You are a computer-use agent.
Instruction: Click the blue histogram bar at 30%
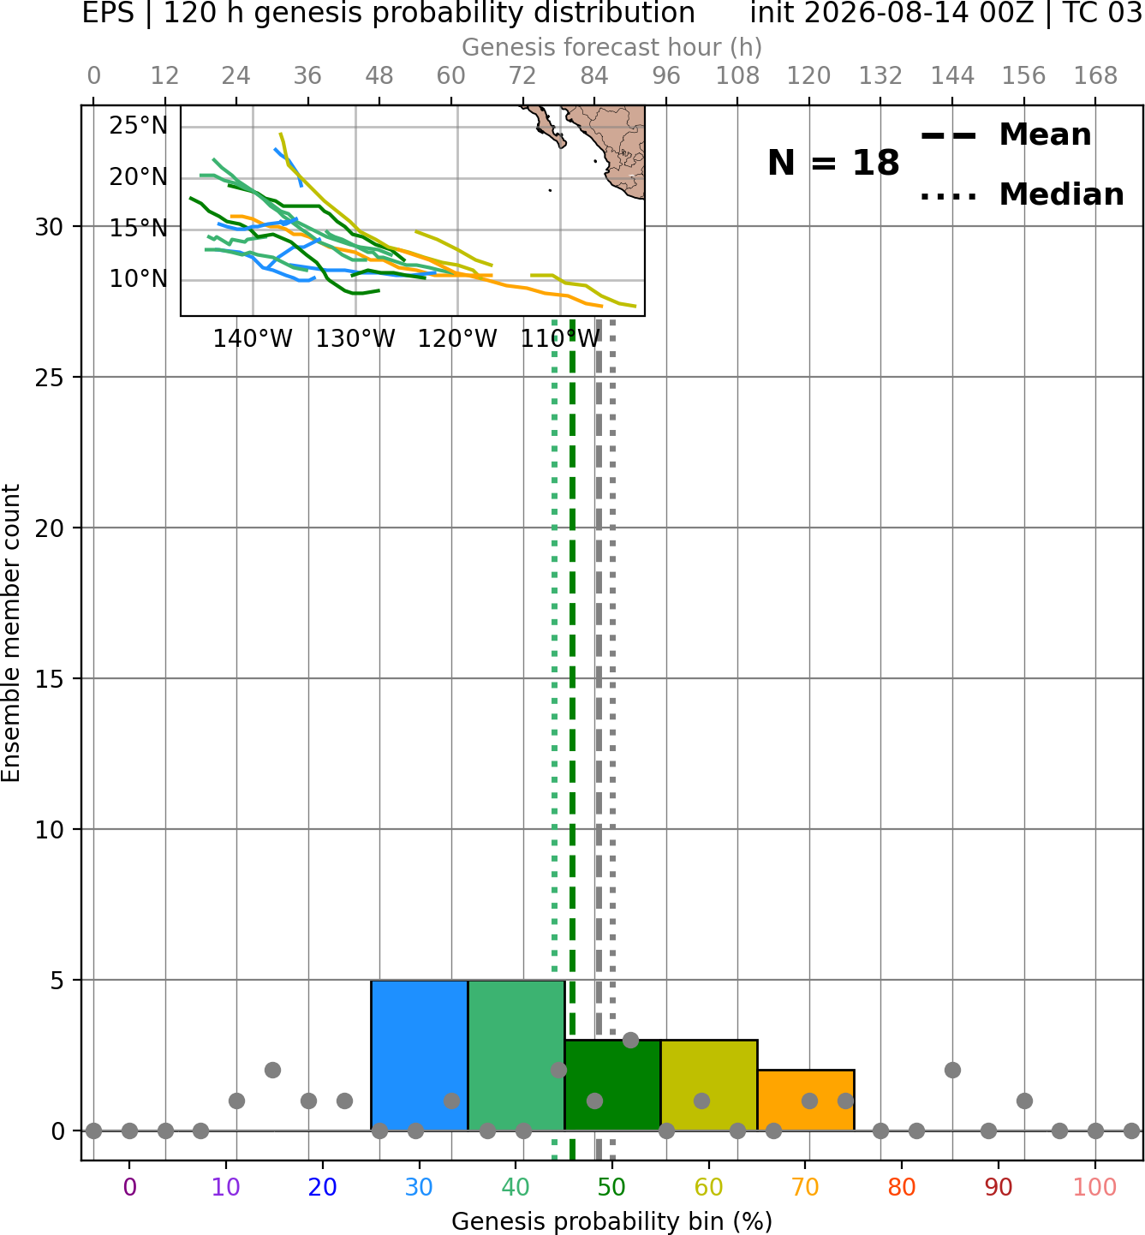(419, 1055)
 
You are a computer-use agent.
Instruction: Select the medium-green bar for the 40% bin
(516, 1055)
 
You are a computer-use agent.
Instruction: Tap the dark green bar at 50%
(612, 1085)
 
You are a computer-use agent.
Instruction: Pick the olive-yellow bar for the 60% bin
(709, 1085)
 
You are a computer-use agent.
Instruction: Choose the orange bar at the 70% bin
(806, 1100)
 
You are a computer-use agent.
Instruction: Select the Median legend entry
(1022, 194)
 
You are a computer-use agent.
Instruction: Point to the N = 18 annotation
(833, 163)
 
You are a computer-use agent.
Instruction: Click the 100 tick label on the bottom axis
(1095, 1187)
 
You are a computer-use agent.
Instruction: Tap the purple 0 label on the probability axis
(129, 1187)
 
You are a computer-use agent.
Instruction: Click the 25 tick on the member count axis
(50, 378)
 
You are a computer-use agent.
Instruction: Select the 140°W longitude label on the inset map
(253, 339)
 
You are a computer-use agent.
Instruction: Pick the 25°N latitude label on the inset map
(138, 126)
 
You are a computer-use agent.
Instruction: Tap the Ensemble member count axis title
(10, 633)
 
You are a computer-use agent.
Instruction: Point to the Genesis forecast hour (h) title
(612, 47)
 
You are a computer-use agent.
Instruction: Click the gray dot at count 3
(630, 1040)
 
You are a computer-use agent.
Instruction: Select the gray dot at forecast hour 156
(1024, 1101)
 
